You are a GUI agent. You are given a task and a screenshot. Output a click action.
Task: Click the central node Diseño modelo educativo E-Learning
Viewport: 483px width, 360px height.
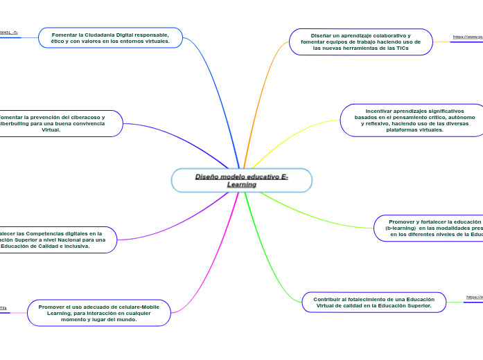pos(241,180)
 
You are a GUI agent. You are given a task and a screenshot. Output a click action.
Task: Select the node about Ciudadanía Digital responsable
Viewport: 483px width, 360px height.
pos(110,37)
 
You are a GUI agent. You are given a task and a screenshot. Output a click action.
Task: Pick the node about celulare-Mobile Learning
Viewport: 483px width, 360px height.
pos(98,313)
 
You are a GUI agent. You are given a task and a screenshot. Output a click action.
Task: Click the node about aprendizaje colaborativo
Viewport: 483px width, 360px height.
pos(360,42)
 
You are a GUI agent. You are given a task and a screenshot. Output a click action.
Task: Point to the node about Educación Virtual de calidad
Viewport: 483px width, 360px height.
pos(374,302)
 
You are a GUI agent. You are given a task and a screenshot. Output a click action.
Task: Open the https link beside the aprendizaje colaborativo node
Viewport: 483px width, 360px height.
pos(468,37)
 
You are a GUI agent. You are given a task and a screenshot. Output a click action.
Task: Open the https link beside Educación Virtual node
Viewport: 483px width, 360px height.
pos(475,297)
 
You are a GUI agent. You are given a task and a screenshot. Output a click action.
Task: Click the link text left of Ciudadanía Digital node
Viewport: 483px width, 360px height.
pos(8,33)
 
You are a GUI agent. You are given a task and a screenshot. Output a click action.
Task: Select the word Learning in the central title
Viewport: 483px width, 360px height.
pos(241,185)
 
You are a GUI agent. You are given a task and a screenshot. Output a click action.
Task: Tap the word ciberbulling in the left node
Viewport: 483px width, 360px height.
pos(21,123)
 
